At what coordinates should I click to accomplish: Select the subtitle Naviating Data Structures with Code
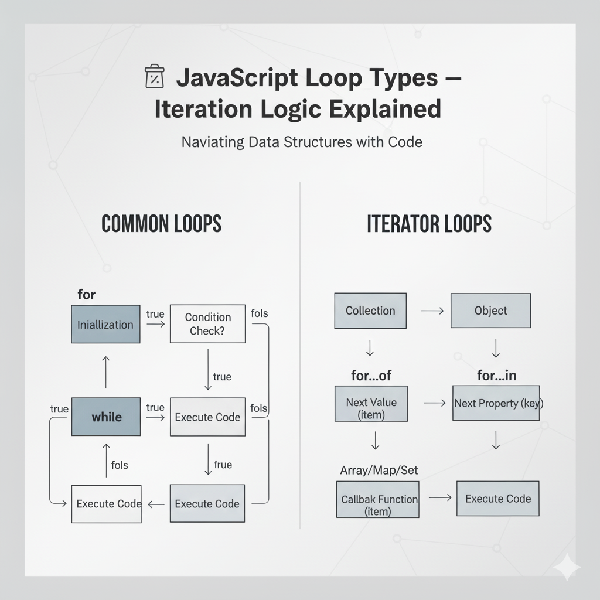click(301, 142)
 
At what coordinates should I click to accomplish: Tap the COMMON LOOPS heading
click(161, 224)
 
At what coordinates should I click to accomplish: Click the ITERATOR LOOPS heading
click(429, 224)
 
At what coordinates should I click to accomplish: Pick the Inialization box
click(105, 324)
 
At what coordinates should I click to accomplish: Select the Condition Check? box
click(207, 323)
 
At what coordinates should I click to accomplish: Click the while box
click(106, 417)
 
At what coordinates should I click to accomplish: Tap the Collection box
click(370, 311)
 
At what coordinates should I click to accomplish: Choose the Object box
click(490, 311)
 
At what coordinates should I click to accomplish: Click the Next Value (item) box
click(371, 408)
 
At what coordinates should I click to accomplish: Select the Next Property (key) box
click(496, 403)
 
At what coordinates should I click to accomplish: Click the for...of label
click(371, 376)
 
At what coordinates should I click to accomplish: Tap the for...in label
click(496, 376)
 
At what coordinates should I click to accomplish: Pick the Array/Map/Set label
click(379, 470)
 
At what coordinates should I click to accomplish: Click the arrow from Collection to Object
click(432, 311)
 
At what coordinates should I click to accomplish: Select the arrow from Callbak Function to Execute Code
click(440, 498)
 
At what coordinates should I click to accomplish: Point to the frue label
click(223, 465)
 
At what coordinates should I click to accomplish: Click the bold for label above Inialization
click(86, 294)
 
